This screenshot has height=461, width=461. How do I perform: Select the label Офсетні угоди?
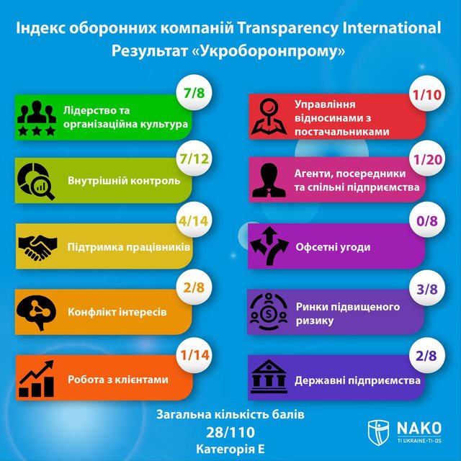(333, 247)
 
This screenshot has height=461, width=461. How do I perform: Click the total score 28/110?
(230, 431)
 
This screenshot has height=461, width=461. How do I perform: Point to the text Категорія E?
(230, 448)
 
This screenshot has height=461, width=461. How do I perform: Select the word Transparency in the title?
(294, 29)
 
